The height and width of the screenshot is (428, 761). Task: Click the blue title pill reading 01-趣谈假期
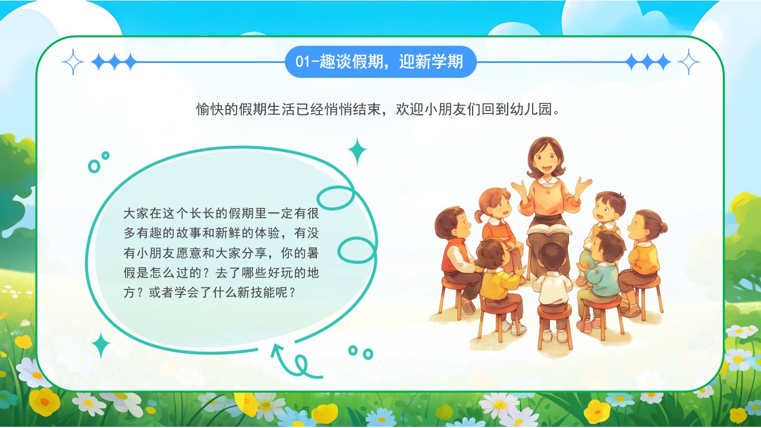point(380,62)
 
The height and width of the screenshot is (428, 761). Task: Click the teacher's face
point(546,160)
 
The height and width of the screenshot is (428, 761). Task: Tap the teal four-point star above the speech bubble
point(357,151)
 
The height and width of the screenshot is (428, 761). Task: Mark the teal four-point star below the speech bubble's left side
point(101,345)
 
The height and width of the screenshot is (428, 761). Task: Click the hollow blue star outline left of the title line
point(73,62)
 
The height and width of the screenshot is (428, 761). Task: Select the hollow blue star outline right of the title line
point(688,62)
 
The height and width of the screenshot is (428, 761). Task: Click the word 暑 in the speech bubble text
point(313,253)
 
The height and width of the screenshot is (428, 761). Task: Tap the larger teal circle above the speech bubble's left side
point(94,166)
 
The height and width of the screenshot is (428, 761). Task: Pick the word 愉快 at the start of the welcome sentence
point(210,109)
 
